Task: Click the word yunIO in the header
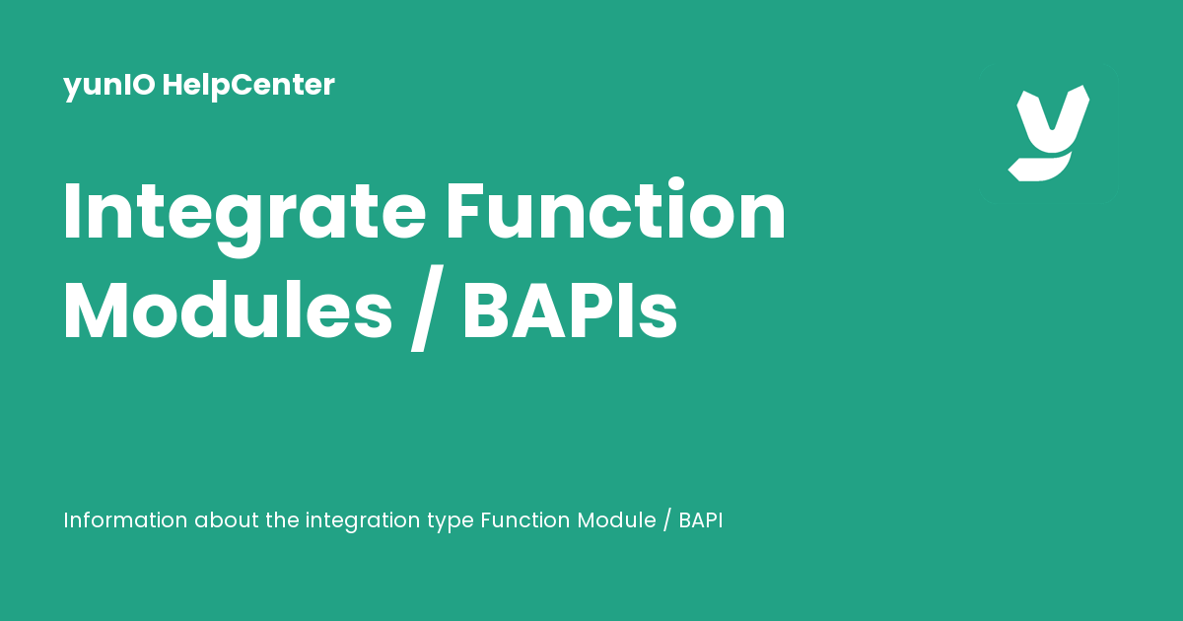click(x=109, y=86)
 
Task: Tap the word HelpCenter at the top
click(x=248, y=86)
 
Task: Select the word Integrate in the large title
click(x=244, y=213)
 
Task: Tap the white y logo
click(x=1048, y=133)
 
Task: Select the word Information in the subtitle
click(x=125, y=520)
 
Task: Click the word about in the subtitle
click(x=227, y=520)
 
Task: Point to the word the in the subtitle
click(x=282, y=520)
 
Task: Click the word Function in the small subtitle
click(x=525, y=520)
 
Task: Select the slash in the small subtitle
click(x=667, y=521)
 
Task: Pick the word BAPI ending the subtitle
click(x=701, y=520)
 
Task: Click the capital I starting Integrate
click(x=71, y=213)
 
